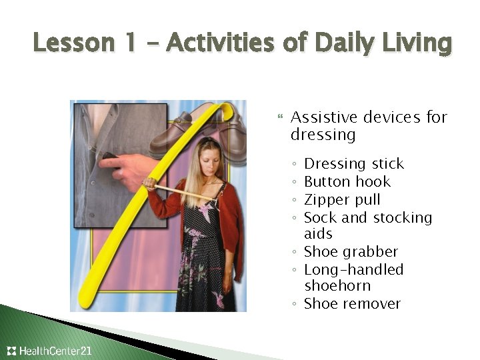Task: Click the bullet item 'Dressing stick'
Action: click(x=353, y=164)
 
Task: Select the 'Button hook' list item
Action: click(x=347, y=181)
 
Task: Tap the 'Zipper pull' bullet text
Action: click(x=342, y=199)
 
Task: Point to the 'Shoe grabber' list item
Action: click(x=351, y=252)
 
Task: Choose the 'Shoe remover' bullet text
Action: click(x=352, y=304)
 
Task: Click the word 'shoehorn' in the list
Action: click(x=337, y=286)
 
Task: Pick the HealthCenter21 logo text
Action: click(x=55, y=351)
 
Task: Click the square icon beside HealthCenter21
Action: click(x=11, y=351)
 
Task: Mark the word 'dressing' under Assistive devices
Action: click(x=323, y=135)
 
